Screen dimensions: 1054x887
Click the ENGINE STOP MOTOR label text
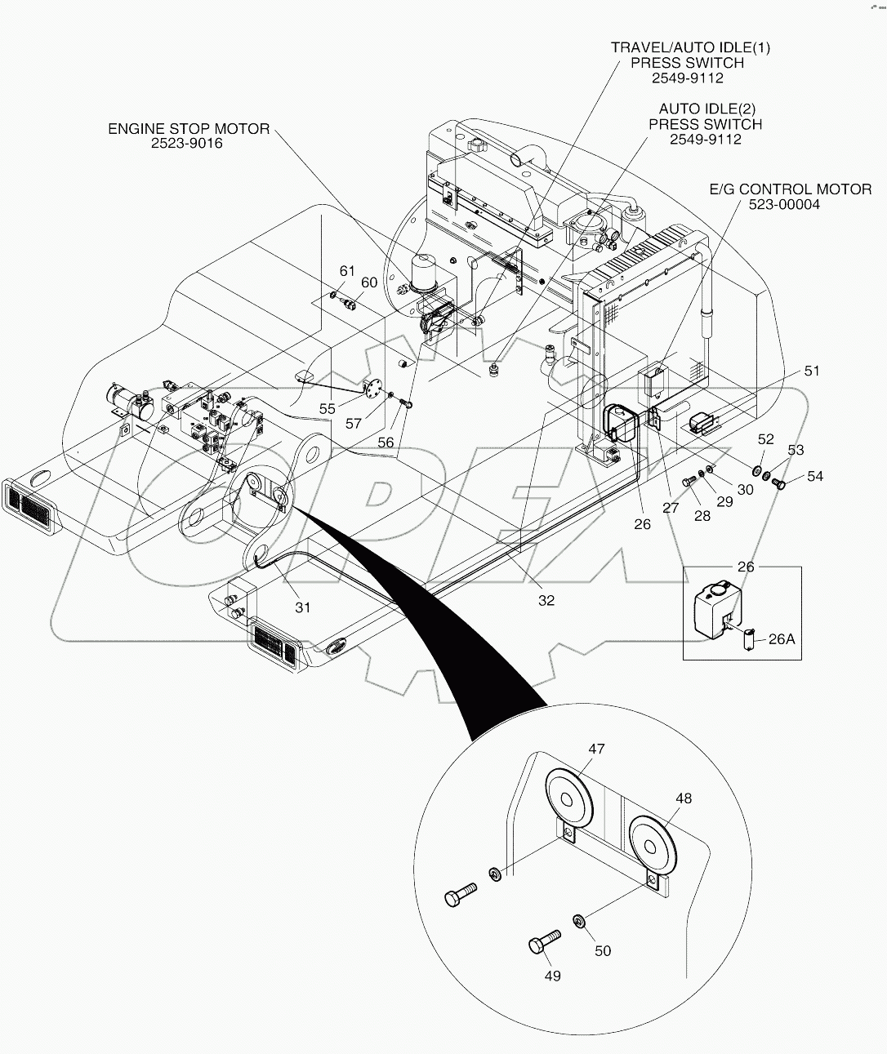[x=189, y=129]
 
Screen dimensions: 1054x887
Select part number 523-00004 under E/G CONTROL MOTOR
[x=784, y=204]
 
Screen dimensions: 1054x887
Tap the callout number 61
[x=348, y=271]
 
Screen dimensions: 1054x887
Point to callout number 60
[x=369, y=282]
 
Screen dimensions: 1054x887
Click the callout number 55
[x=328, y=407]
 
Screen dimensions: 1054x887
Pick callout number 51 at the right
[x=811, y=371]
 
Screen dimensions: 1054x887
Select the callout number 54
[x=815, y=476]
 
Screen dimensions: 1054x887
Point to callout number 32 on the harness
[x=546, y=600]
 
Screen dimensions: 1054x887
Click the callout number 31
[x=303, y=607]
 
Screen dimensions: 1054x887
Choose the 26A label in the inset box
[x=781, y=639]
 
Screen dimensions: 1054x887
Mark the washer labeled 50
[x=578, y=922]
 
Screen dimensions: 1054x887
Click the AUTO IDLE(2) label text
[x=705, y=109]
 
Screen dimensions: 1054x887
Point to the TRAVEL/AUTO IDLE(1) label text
[x=690, y=47]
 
